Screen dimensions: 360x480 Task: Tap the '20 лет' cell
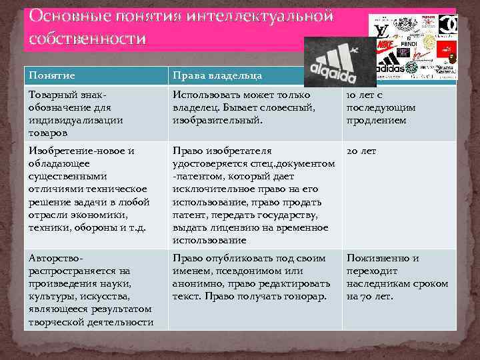pos(361,151)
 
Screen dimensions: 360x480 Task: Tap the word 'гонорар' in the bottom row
pos(305,296)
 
